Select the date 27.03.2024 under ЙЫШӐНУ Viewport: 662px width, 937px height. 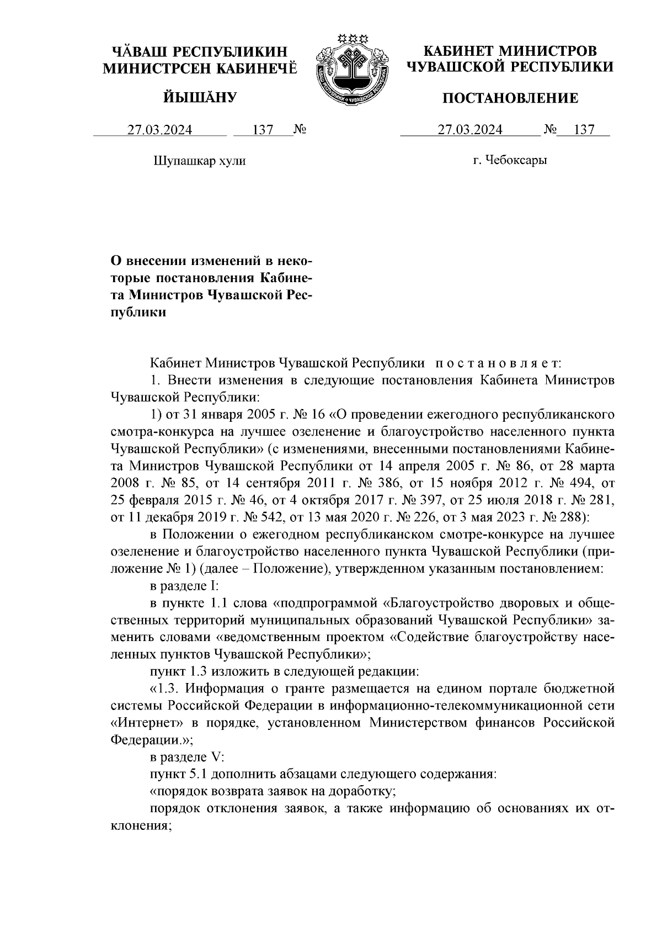(160, 130)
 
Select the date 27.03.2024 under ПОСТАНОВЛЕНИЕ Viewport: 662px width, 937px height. (470, 130)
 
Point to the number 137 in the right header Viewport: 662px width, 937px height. (584, 130)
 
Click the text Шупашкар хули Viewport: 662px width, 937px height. (199, 161)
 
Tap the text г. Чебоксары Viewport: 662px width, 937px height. (510, 161)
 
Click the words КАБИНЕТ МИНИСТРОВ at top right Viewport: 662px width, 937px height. (510, 52)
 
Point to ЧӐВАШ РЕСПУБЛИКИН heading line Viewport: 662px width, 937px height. (200, 52)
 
